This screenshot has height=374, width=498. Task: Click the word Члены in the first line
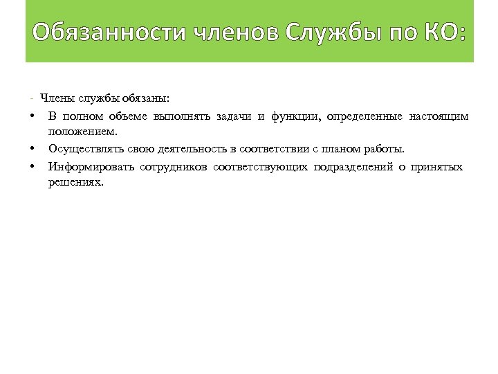click(x=57, y=97)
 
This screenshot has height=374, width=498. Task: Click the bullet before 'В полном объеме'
click(x=33, y=115)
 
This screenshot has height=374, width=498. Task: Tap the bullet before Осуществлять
click(x=33, y=149)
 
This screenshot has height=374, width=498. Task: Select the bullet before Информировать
click(x=33, y=167)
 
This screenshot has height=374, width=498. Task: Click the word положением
click(x=83, y=131)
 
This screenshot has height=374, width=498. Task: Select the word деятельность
click(x=191, y=149)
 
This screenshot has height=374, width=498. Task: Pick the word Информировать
click(x=90, y=167)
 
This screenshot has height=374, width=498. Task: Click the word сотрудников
click(x=173, y=167)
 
